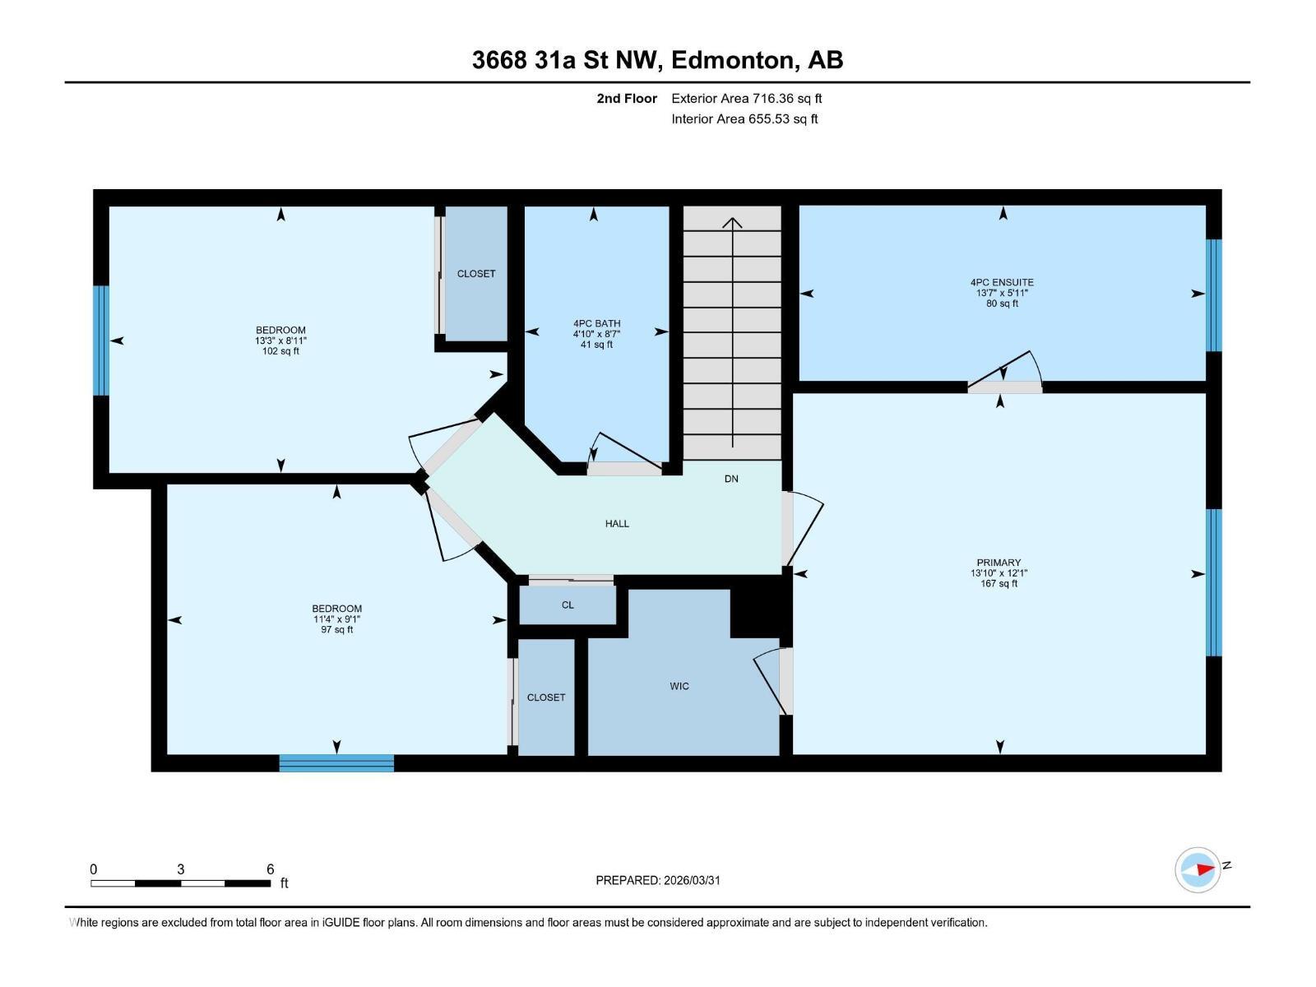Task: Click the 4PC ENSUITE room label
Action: [1002, 282]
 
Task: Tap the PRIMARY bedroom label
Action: [999, 563]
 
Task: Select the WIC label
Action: [679, 686]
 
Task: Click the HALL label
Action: [617, 523]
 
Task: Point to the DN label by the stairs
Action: [731, 479]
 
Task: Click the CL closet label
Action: [568, 605]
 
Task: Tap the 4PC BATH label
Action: [596, 323]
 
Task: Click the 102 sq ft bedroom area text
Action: [280, 351]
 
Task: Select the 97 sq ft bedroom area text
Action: [336, 630]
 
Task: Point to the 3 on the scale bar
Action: [180, 869]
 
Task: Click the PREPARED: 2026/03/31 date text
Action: [658, 880]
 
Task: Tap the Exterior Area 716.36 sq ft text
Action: [746, 99]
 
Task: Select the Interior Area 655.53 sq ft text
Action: [744, 119]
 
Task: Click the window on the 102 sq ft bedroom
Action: [101, 341]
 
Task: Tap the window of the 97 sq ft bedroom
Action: [336, 763]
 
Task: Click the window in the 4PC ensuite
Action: [1213, 295]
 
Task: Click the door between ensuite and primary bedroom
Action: [1004, 387]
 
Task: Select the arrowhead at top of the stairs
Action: [732, 222]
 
